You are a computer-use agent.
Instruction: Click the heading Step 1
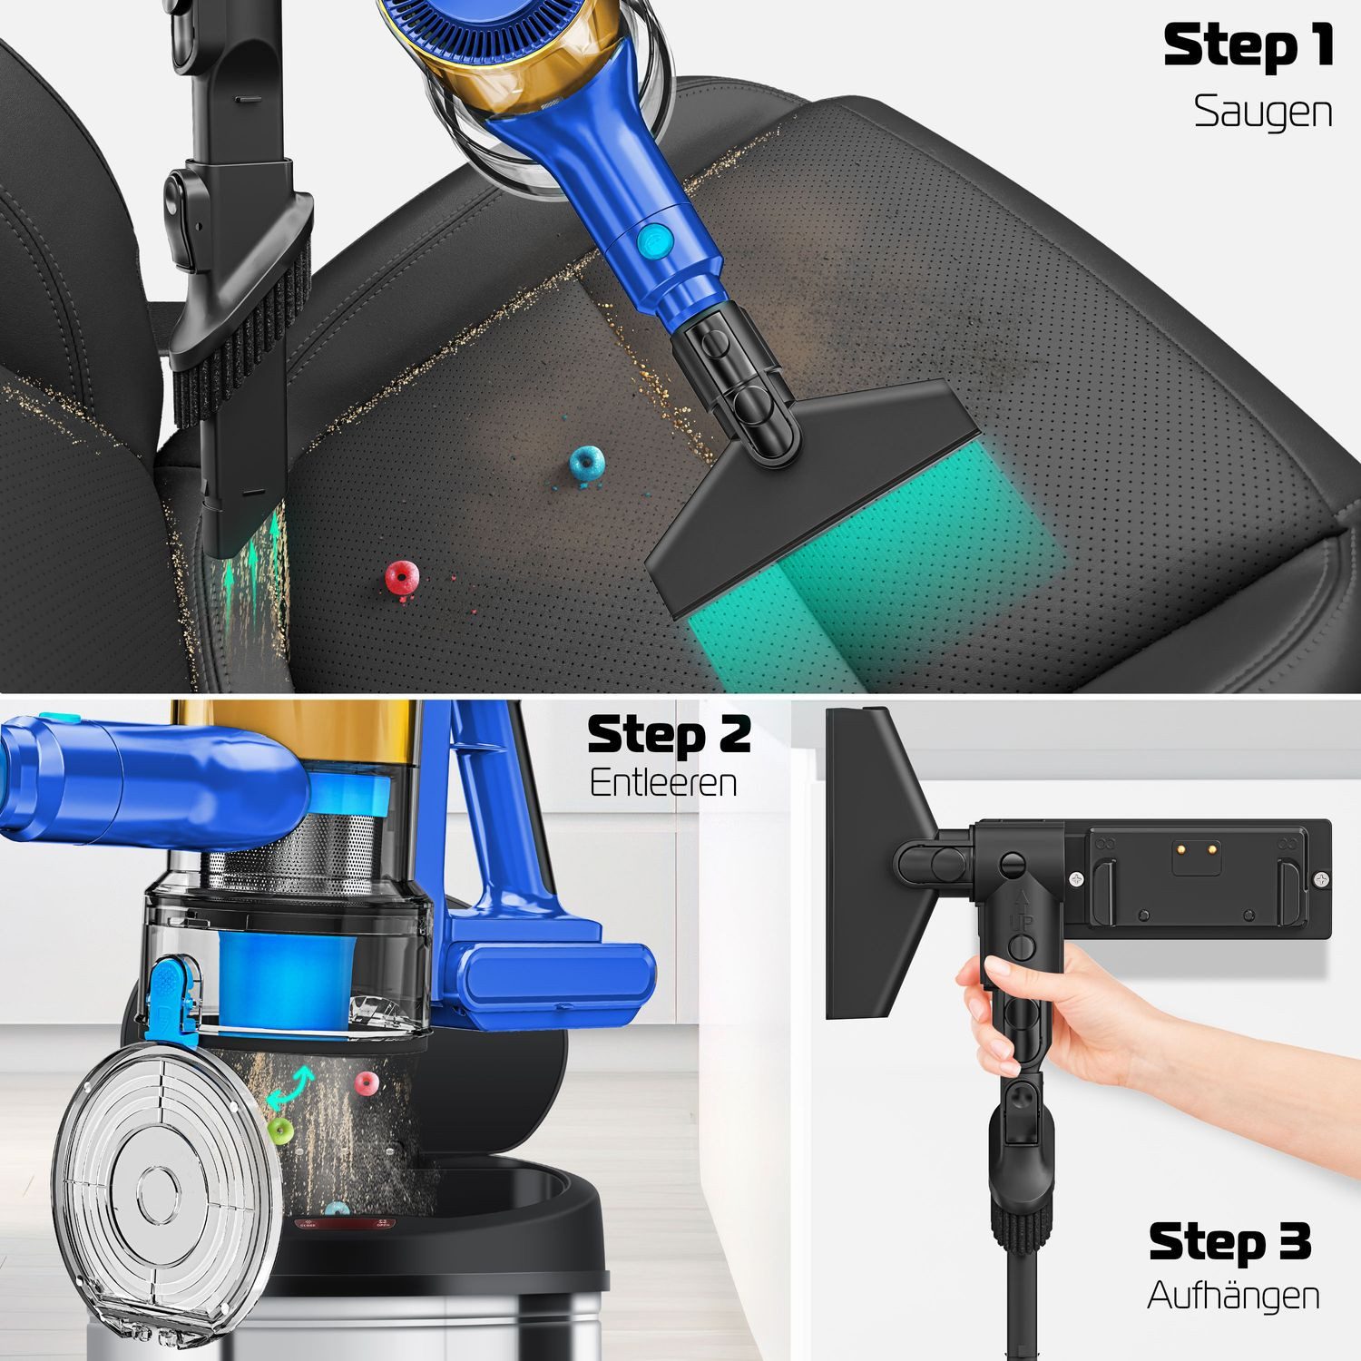click(x=1248, y=47)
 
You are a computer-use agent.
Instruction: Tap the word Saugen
click(x=1262, y=113)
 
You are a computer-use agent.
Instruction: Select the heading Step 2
click(x=669, y=735)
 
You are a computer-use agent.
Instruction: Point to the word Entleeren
click(x=662, y=782)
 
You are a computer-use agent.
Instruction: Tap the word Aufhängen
click(x=1233, y=1295)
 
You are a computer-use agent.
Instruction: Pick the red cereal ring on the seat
click(x=401, y=576)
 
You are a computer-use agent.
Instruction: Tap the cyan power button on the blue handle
click(x=652, y=241)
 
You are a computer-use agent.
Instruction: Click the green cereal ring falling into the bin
click(x=279, y=1129)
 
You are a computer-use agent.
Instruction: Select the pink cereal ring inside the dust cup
click(x=367, y=1082)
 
